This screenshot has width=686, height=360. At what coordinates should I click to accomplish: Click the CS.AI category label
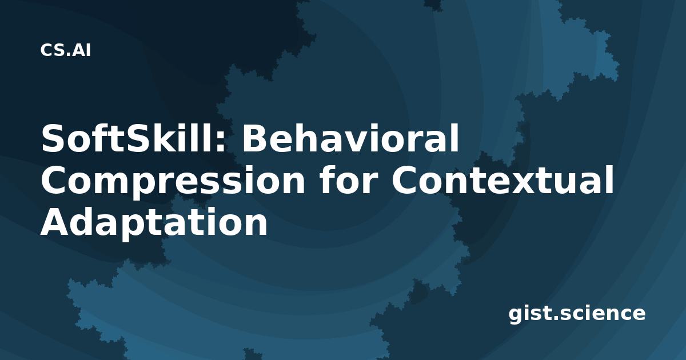point(66,50)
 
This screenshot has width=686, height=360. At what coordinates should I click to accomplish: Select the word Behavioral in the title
point(350,138)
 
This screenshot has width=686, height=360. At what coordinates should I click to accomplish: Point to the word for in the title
point(348,179)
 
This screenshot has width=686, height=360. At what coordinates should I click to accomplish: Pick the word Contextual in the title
point(502,179)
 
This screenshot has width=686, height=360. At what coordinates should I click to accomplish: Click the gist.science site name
point(577,314)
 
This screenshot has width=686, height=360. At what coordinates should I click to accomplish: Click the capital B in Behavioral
point(255,138)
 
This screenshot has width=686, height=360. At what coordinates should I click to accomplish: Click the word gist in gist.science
point(529,314)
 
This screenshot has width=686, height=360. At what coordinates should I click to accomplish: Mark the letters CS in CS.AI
point(53,50)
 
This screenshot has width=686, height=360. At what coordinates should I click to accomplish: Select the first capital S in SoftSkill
point(53,138)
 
